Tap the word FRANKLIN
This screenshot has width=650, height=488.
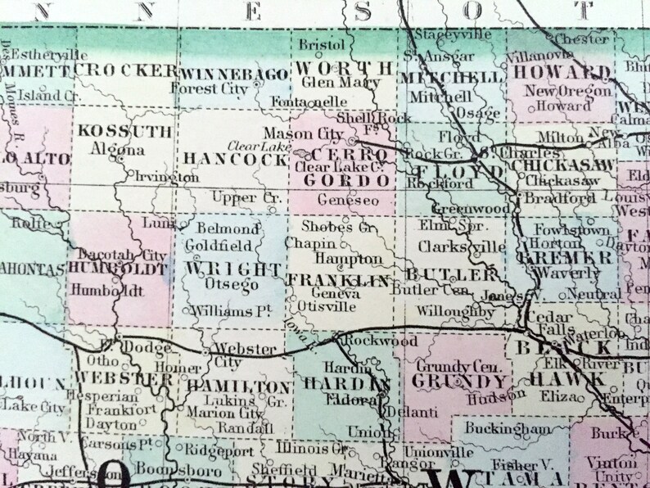(x=336, y=280)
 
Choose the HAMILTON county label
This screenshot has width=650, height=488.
(x=238, y=385)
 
